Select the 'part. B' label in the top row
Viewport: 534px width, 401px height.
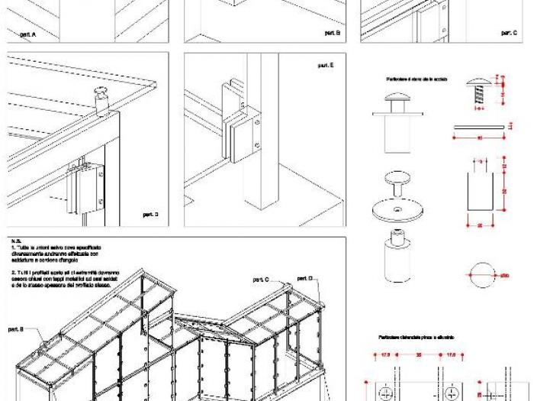click(332, 33)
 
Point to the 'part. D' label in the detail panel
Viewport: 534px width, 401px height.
click(150, 215)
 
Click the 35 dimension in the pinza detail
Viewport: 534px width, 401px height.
click(419, 354)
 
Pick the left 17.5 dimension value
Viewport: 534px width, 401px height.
click(385, 354)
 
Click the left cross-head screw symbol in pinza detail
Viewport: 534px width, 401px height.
click(387, 392)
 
